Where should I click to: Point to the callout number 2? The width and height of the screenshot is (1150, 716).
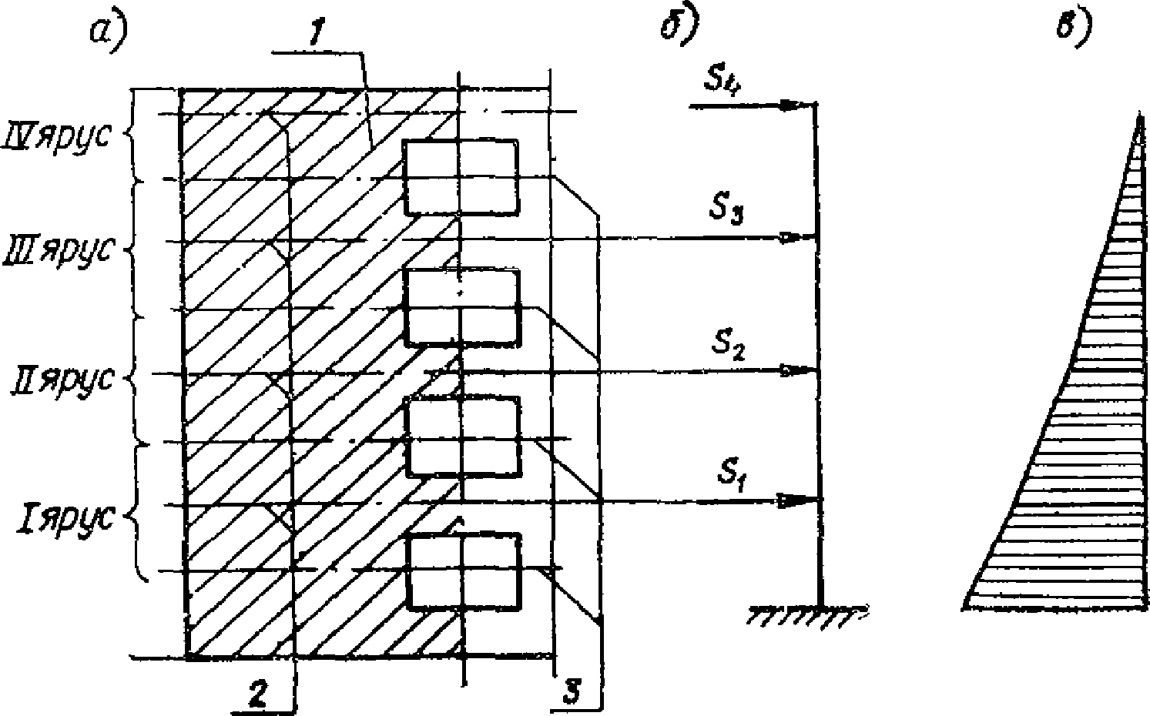coord(256,694)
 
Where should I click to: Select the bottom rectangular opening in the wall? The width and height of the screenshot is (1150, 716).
coord(464,570)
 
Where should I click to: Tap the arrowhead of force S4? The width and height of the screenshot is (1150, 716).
coord(793,105)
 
